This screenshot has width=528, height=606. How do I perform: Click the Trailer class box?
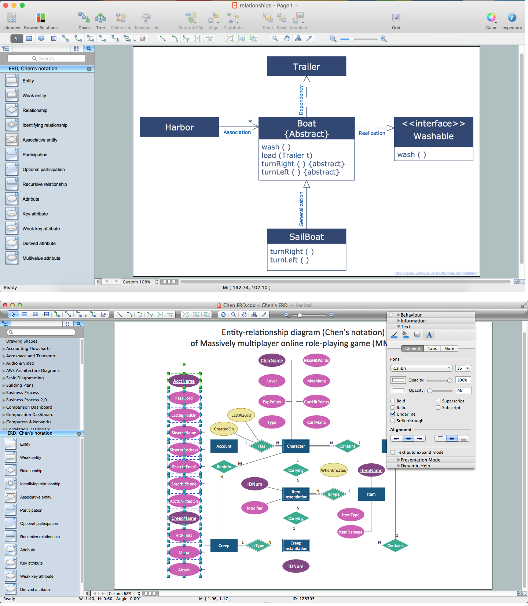coord(307,66)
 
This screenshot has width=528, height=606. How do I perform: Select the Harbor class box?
coord(179,127)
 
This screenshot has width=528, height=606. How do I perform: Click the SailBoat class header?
coord(307,237)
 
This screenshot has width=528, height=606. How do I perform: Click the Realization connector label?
coord(372,133)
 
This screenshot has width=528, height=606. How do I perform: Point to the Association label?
coord(237,132)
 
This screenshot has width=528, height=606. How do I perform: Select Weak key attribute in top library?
coord(41,229)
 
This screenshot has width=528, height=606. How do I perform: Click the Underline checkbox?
coord(393,414)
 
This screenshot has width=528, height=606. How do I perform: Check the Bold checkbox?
coord(393,401)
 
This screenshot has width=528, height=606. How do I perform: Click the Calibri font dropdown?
coord(421,368)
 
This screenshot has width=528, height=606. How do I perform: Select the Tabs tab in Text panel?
coord(432,348)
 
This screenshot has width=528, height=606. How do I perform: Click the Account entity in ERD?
coord(224,446)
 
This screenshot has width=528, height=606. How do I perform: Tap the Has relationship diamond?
coord(261,446)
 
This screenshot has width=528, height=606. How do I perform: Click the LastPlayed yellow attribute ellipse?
coord(241,415)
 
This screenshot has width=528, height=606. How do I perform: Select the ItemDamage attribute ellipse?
coord(351,532)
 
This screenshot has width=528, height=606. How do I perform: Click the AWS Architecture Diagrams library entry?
coord(33,370)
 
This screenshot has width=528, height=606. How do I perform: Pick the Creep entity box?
coord(224,545)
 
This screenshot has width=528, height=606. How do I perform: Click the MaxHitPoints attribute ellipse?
coord(316,360)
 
